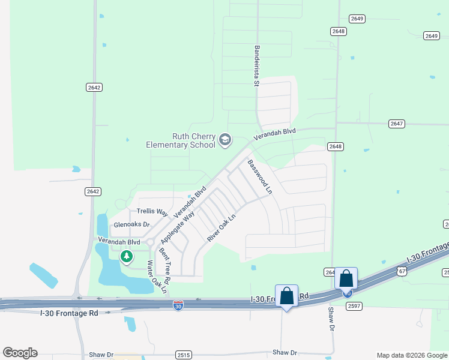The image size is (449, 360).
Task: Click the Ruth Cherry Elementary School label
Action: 181,140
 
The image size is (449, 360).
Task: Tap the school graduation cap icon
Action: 225,140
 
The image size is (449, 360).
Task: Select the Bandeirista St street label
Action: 256,66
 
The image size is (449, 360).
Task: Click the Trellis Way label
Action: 152,211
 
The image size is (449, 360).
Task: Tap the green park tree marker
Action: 127,257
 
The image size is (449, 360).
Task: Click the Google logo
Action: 20,353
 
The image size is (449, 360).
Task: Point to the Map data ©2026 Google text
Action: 411,355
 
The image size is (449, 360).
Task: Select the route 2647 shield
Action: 396,124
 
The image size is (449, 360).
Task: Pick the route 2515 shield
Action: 184,355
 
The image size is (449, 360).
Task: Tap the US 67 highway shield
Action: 402,271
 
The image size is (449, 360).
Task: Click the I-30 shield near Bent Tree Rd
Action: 178,305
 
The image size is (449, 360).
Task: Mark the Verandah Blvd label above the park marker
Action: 119,241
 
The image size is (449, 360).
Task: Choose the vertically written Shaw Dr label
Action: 331,320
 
